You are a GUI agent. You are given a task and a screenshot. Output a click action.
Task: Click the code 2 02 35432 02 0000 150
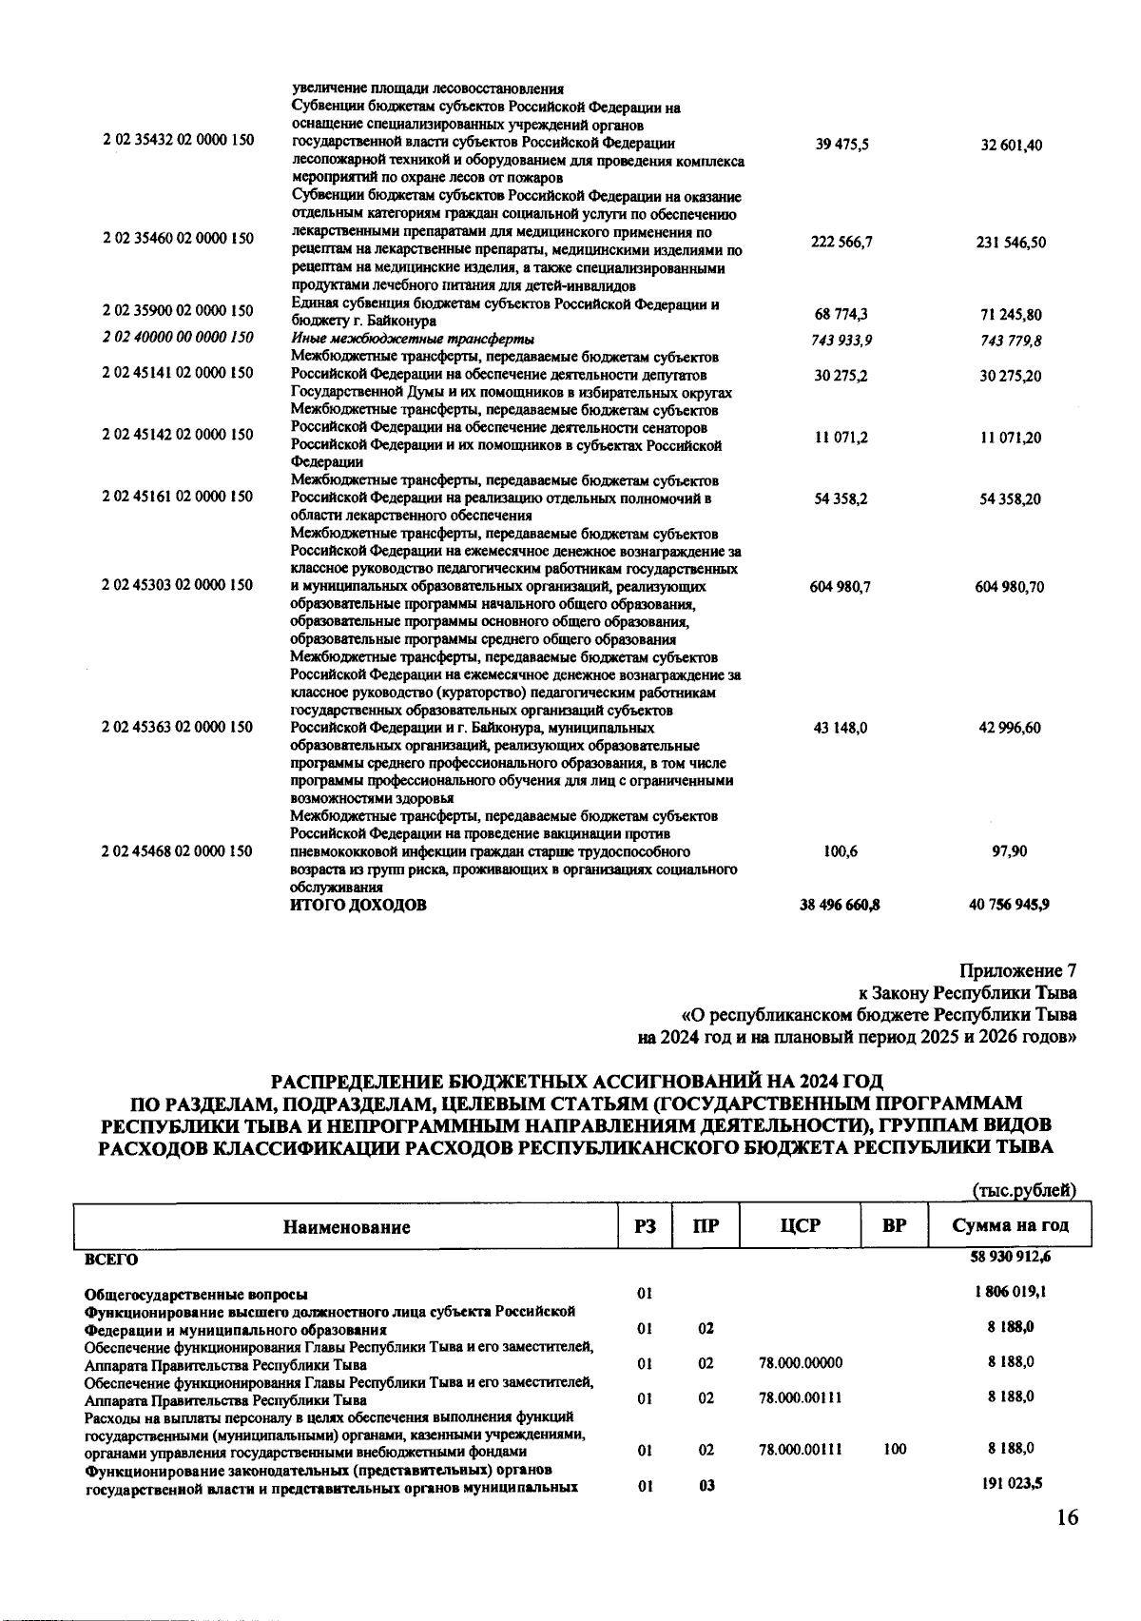[x=178, y=140]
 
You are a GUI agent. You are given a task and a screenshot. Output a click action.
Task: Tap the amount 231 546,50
[x=1011, y=243]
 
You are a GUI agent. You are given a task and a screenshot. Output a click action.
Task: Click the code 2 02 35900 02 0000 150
[x=178, y=310]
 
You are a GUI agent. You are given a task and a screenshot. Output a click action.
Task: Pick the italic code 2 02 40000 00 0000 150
[x=178, y=337]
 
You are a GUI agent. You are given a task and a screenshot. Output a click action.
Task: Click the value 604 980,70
[x=1011, y=587]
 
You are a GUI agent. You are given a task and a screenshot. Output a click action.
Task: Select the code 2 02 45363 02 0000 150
[x=178, y=727]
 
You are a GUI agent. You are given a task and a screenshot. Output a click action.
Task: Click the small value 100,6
[x=841, y=851]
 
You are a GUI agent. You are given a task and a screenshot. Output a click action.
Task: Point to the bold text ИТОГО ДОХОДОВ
[x=358, y=905]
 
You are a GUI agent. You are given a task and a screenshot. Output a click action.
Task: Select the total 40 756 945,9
[x=1009, y=905]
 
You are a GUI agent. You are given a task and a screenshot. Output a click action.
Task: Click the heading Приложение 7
[x=1018, y=971]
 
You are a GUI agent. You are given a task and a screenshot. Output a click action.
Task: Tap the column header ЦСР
[x=799, y=1225]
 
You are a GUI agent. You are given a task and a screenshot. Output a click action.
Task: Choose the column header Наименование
[x=347, y=1226]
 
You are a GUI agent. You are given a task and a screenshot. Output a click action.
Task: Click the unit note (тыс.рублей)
[x=1024, y=1190]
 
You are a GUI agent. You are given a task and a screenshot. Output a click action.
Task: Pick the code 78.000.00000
[x=801, y=1363]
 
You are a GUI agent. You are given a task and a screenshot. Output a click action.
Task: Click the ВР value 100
[x=895, y=1449]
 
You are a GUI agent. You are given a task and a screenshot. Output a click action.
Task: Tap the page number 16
[x=1067, y=1517]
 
